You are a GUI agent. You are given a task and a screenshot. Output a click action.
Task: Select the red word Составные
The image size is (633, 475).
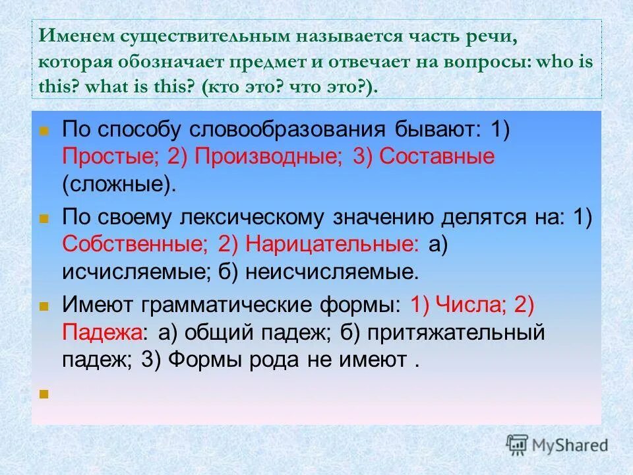click(437, 157)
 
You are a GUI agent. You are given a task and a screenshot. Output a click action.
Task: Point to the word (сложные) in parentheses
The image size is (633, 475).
click(120, 184)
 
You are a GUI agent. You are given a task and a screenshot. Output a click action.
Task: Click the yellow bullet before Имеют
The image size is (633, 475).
click(44, 307)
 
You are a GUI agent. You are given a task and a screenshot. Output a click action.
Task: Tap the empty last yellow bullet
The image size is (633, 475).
click(44, 395)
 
